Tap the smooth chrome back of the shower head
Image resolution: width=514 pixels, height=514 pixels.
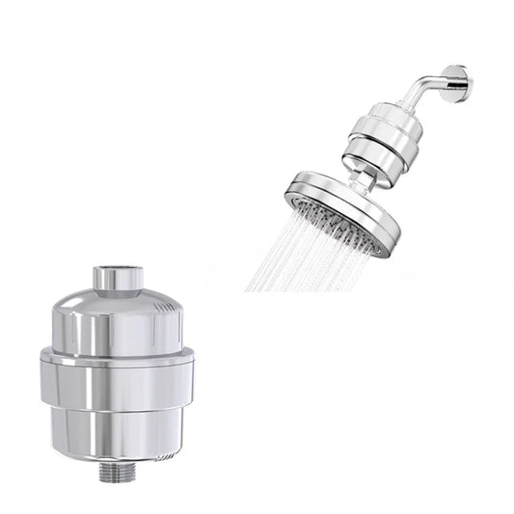[x=328, y=187]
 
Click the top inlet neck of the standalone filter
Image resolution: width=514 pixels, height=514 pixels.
[x=117, y=281]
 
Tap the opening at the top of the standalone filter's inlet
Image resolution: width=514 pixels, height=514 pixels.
[x=118, y=269]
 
